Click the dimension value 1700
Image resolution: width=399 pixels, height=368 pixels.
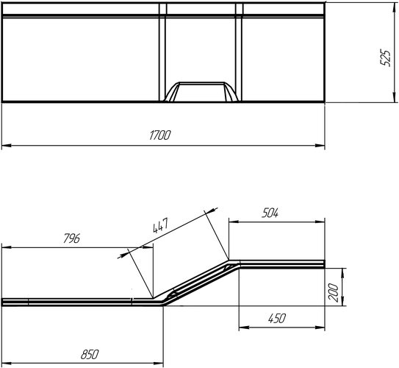[159, 135]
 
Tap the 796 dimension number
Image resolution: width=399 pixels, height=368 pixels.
[71, 239]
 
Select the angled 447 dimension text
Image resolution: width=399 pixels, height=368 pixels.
[159, 225]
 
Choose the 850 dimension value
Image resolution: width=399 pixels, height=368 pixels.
[88, 354]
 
